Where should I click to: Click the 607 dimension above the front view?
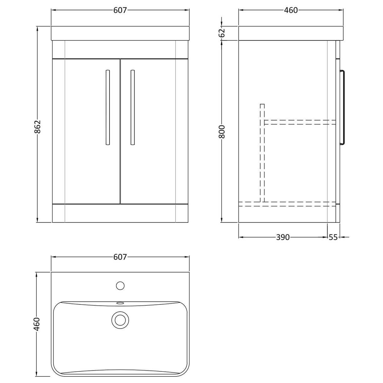pyautogui.click(x=120, y=10)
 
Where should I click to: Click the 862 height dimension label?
pyautogui.click(x=37, y=126)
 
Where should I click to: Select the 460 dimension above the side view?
pyautogui.click(x=291, y=10)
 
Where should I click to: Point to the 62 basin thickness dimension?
pyautogui.click(x=222, y=33)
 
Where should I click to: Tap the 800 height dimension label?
pyautogui.click(x=222, y=131)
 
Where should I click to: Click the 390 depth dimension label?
pyautogui.click(x=283, y=237)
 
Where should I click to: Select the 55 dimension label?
pyautogui.click(x=334, y=237)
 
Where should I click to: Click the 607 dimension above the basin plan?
pyautogui.click(x=120, y=257)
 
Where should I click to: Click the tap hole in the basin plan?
pyautogui.click(x=120, y=285)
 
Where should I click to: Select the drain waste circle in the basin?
pyautogui.click(x=120, y=320)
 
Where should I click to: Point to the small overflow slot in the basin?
pyautogui.click(x=120, y=303)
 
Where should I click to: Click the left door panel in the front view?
pyautogui.click(x=86, y=156)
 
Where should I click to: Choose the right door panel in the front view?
pyautogui.click(x=154, y=156)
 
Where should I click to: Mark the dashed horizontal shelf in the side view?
pyautogui.click(x=300, y=122)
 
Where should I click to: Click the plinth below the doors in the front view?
pyautogui.click(x=120, y=213)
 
